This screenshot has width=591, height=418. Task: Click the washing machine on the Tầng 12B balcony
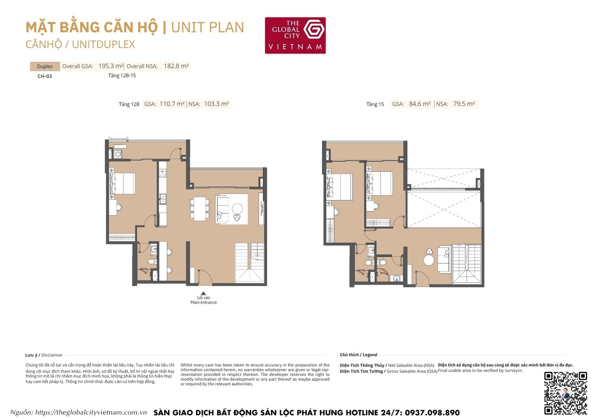pos(118,155)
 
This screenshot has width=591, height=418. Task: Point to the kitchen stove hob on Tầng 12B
pos(162,172)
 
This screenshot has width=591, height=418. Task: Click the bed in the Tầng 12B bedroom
pos(123,183)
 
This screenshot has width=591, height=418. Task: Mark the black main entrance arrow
pos(203,293)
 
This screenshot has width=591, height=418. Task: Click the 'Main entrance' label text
pos(204,302)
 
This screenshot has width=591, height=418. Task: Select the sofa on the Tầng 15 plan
pos(444,259)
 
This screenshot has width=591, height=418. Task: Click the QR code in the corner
pos(565,393)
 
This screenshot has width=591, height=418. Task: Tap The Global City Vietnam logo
pos(295,35)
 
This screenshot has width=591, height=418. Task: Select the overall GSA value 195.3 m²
pos(111,66)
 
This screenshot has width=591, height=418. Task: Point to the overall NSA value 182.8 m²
pos(176,66)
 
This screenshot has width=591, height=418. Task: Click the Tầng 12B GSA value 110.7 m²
pos(172,104)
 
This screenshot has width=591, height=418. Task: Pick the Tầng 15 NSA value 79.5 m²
pos(464,104)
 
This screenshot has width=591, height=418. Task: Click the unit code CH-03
pos(45,77)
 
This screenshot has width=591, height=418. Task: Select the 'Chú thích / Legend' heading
pos(359,355)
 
